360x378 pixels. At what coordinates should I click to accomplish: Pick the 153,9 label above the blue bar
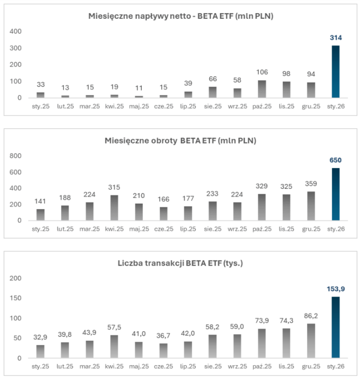tap(335, 289)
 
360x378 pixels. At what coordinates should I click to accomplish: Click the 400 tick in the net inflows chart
tap(15, 32)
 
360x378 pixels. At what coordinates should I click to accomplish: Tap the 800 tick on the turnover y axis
tap(15, 156)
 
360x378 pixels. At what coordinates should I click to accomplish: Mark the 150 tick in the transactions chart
tap(15, 298)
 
